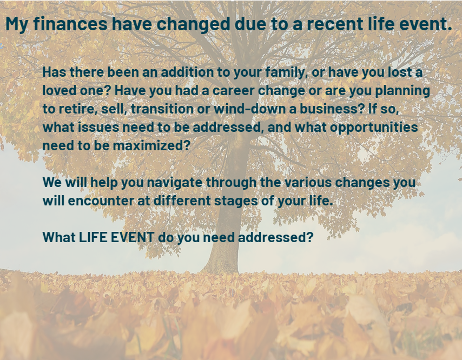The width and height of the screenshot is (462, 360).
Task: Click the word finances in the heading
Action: tap(70, 24)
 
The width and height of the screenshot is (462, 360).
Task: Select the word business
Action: tap(332, 109)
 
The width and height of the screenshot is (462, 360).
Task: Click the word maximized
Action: tap(151, 146)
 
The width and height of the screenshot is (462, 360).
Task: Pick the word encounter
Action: tap(101, 201)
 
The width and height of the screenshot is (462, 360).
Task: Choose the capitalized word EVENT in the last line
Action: tap(133, 237)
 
